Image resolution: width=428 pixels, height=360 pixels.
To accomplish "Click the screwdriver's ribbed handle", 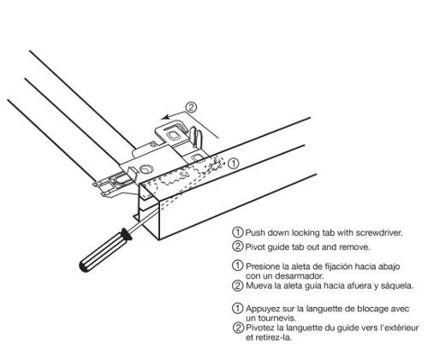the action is point(105,250).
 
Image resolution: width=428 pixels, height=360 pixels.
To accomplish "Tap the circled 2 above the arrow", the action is point(191,107).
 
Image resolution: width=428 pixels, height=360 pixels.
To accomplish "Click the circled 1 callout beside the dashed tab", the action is point(234,163).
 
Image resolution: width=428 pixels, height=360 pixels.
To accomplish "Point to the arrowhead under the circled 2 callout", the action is point(165,117).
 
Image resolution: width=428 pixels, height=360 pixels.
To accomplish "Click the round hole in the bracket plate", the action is point(146,169).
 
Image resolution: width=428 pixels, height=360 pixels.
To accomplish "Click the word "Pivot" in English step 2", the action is point(255,247).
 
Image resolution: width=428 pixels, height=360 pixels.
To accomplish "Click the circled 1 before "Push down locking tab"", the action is point(238,232).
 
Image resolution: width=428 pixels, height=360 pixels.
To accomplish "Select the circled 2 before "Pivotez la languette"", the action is point(238,328).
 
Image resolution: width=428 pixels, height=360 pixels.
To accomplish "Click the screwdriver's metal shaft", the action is point(143,220).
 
